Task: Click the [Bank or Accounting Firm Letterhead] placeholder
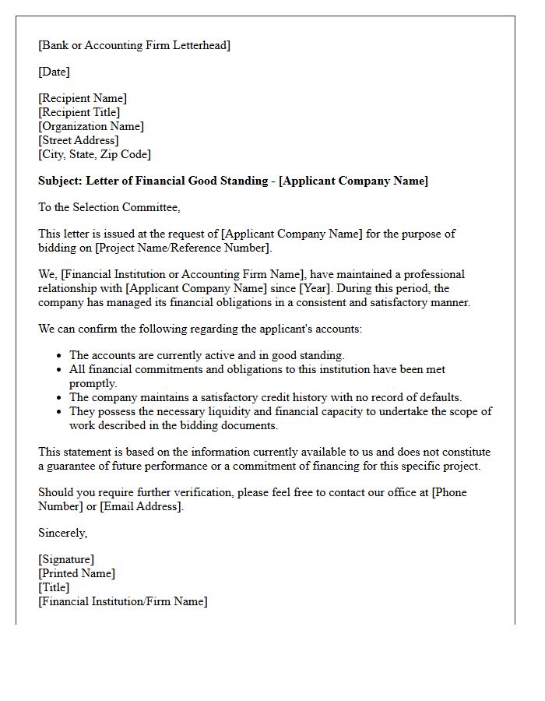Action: click(134, 45)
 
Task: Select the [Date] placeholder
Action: click(54, 72)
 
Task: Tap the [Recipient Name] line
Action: click(83, 98)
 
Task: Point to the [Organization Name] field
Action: click(91, 126)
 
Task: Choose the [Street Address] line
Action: click(79, 140)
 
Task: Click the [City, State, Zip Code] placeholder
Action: click(94, 154)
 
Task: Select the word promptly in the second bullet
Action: click(93, 383)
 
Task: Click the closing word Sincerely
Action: click(62, 533)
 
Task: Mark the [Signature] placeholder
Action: click(66, 559)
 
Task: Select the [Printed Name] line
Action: click(76, 573)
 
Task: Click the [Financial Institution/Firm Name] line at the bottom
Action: click(123, 601)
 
